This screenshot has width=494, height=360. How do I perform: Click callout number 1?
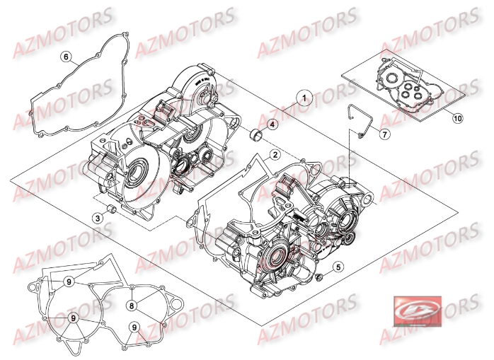305,98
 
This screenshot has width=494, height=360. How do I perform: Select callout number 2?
274,153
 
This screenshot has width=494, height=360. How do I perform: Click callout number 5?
338,267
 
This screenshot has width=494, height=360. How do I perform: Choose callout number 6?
66,57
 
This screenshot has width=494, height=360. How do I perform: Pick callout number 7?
383,134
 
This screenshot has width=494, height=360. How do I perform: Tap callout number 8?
132,305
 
